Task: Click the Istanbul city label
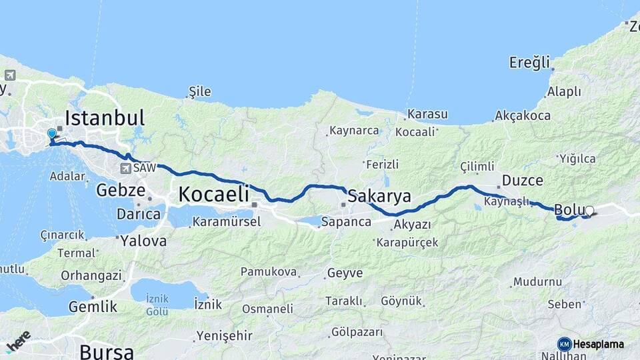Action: [x=104, y=119]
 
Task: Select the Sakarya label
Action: [x=379, y=196]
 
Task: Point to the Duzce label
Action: [x=523, y=181]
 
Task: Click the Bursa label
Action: [x=107, y=351]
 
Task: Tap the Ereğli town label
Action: [x=530, y=63]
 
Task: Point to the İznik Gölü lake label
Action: [x=157, y=305]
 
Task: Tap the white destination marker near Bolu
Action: [x=589, y=211]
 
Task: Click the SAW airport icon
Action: [x=126, y=168]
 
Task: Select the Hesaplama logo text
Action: [x=599, y=344]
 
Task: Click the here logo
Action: [x=19, y=341]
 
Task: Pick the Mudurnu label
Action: [x=537, y=282]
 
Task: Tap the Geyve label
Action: [x=345, y=273]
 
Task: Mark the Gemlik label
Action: [x=93, y=307]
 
